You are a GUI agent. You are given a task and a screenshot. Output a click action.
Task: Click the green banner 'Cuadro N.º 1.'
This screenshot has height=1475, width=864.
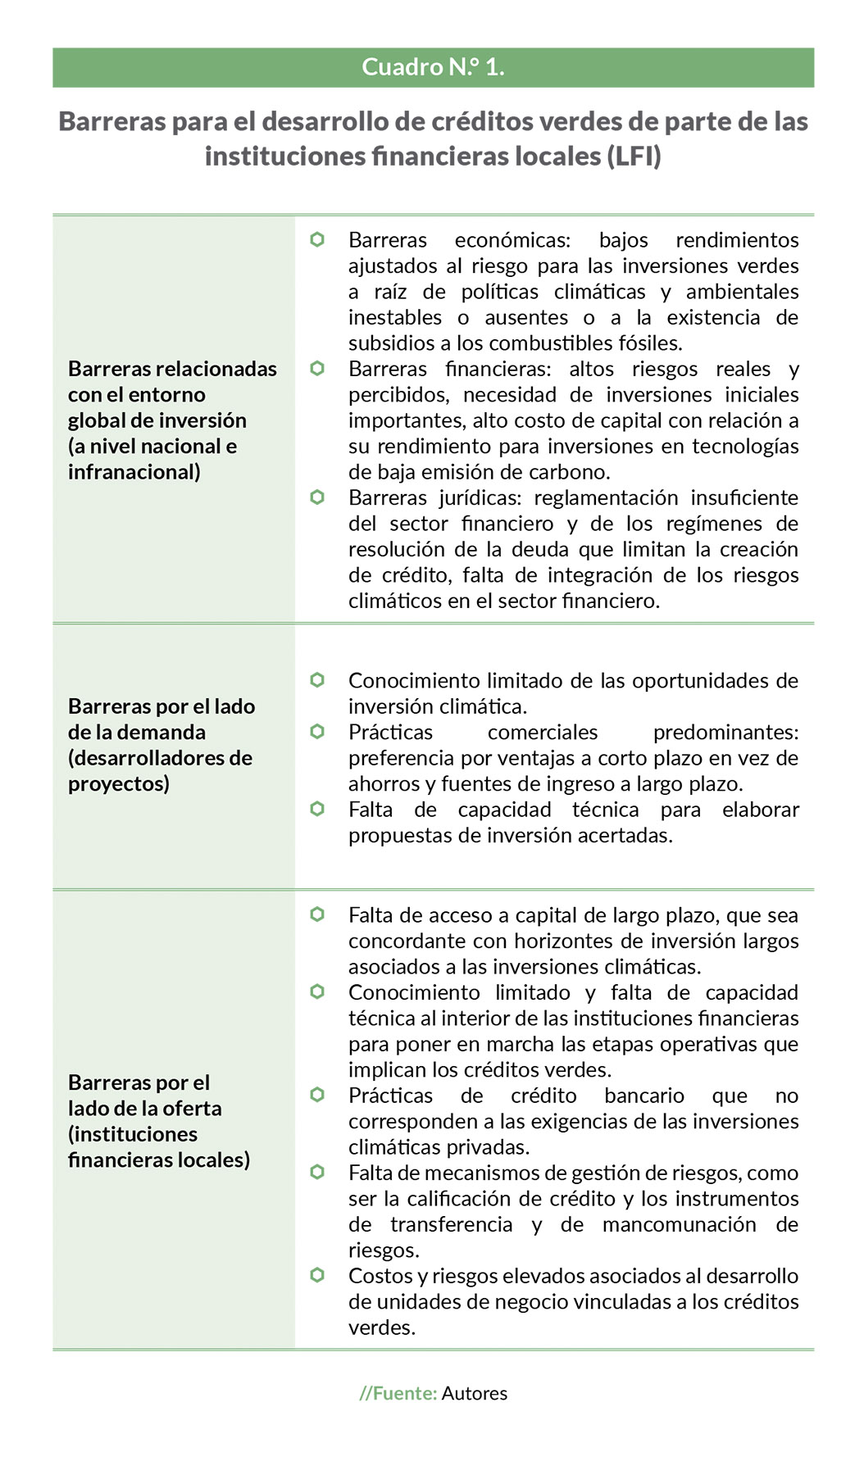433,67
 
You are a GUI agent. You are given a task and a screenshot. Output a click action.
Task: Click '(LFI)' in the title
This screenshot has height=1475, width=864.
634,156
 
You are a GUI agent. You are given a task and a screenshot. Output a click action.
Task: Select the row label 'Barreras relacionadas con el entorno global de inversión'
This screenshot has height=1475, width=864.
172,420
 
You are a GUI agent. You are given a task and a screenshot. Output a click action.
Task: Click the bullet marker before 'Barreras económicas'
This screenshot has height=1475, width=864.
317,239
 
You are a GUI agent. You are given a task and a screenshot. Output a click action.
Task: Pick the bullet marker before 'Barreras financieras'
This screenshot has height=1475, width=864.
317,369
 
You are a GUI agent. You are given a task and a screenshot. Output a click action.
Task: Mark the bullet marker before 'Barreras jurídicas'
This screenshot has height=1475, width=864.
317,497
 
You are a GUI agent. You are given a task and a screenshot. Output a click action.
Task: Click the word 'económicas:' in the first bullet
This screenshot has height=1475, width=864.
512,240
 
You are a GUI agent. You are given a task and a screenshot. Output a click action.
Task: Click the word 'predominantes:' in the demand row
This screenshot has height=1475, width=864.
725,732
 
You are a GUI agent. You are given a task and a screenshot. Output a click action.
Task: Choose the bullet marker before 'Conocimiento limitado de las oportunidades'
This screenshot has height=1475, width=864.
317,680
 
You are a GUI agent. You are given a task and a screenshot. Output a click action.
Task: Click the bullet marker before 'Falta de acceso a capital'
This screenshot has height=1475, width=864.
317,914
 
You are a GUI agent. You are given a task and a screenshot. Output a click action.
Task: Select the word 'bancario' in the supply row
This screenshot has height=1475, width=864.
643,1096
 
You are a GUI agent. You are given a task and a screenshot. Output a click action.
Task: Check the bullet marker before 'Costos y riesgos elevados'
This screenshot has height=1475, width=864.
317,1275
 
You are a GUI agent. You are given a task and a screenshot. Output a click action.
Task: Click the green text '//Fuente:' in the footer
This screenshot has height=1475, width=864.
398,1393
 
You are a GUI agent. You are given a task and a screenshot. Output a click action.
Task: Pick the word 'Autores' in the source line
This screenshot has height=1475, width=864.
475,1393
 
